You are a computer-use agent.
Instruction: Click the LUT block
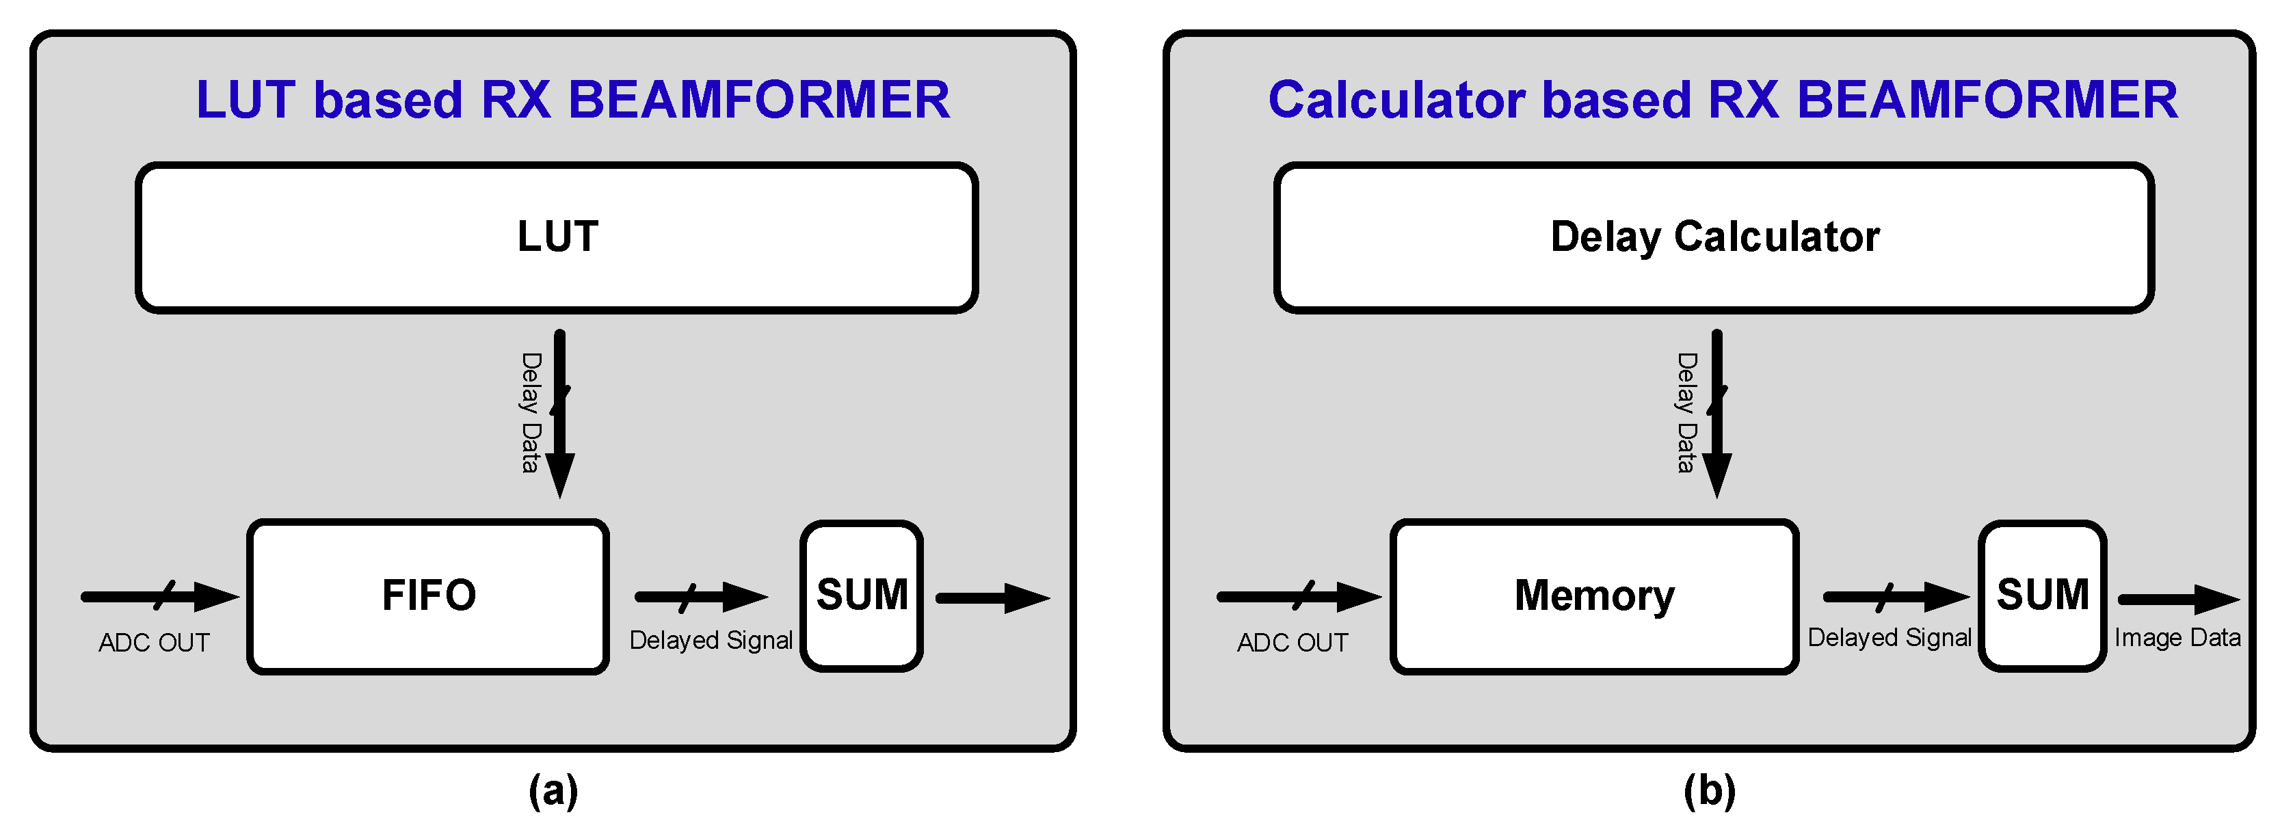coord(556,237)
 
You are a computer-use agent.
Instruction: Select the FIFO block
coord(427,595)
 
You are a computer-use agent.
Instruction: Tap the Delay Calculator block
coord(1714,237)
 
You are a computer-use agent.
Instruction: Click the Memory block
coord(1594,595)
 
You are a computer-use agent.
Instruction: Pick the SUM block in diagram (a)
coord(861,595)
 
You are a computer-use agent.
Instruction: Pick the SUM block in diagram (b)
coord(2042,595)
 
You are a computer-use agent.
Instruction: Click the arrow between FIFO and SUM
coord(699,598)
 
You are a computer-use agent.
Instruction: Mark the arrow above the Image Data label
coord(2177,599)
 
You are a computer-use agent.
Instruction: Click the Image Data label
coord(2177,638)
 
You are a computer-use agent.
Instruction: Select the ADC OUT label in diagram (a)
coord(154,643)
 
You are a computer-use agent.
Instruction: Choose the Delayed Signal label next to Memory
coord(1889,638)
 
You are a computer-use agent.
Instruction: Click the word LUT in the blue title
coord(244,99)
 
